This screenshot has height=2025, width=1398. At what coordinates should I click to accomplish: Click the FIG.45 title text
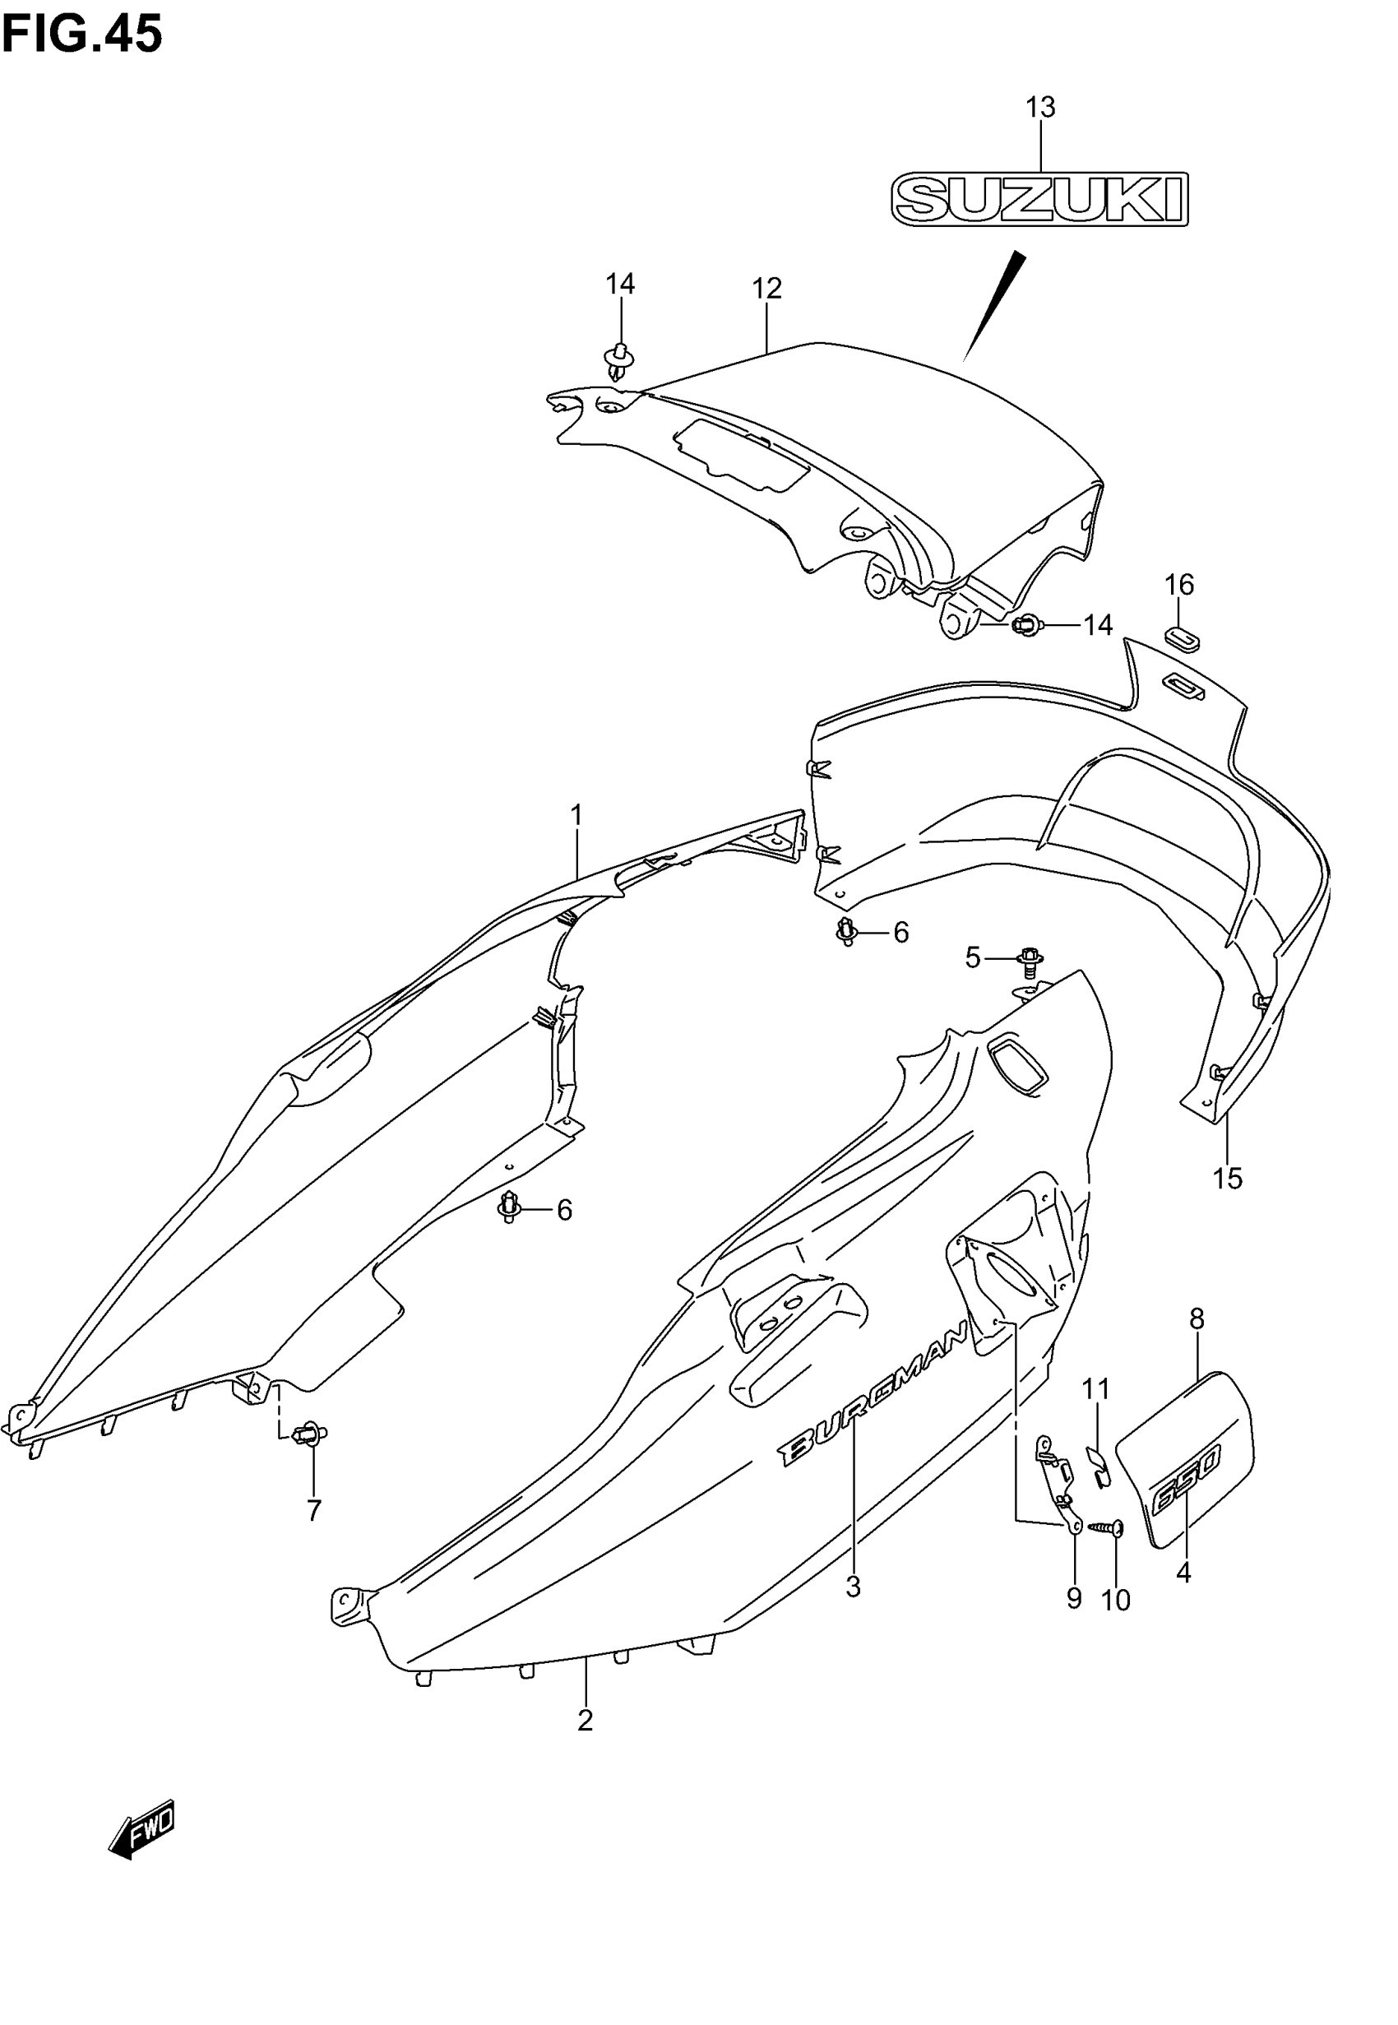pos(82,35)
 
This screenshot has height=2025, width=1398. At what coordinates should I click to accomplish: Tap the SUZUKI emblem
pos(1039,200)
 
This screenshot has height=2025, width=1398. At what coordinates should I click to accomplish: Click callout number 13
pos(1040,108)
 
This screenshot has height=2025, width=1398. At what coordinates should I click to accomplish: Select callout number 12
pos(766,288)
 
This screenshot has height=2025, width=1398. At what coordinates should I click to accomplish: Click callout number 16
pos(1179,584)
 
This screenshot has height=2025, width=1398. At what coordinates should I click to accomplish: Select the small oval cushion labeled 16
pos(1180,637)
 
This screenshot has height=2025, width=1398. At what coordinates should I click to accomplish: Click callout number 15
pos(1228,1179)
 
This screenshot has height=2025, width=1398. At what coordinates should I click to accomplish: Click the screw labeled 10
pos(1106,1527)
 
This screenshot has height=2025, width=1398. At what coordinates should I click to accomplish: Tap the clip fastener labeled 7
pos(310,1434)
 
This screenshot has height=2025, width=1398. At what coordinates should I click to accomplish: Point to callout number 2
pos(586,1721)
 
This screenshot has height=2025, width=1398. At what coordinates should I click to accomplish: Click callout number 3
pos(853,1586)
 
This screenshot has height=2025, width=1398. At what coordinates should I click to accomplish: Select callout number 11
pos(1096,1389)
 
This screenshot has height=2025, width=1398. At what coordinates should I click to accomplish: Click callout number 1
pos(576,815)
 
